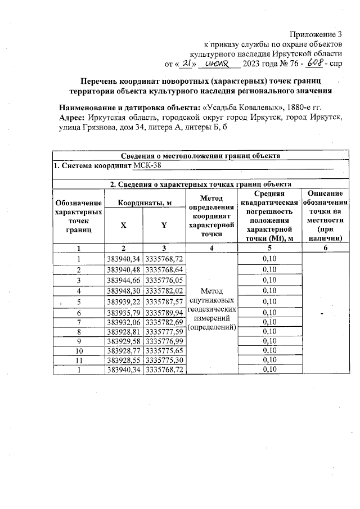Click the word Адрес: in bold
coord(72,118)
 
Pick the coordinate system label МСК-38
coord(145,166)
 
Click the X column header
coord(124,226)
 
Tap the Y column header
coord(164,226)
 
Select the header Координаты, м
coord(144,202)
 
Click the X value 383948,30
coord(124,291)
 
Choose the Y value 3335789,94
coord(164,313)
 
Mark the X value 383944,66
coord(124,280)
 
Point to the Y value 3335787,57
coord(164,301)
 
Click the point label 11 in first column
coord(79,360)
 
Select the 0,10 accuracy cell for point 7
coord(271,322)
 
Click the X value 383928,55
coord(124,360)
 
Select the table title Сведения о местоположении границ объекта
coord(200,156)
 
